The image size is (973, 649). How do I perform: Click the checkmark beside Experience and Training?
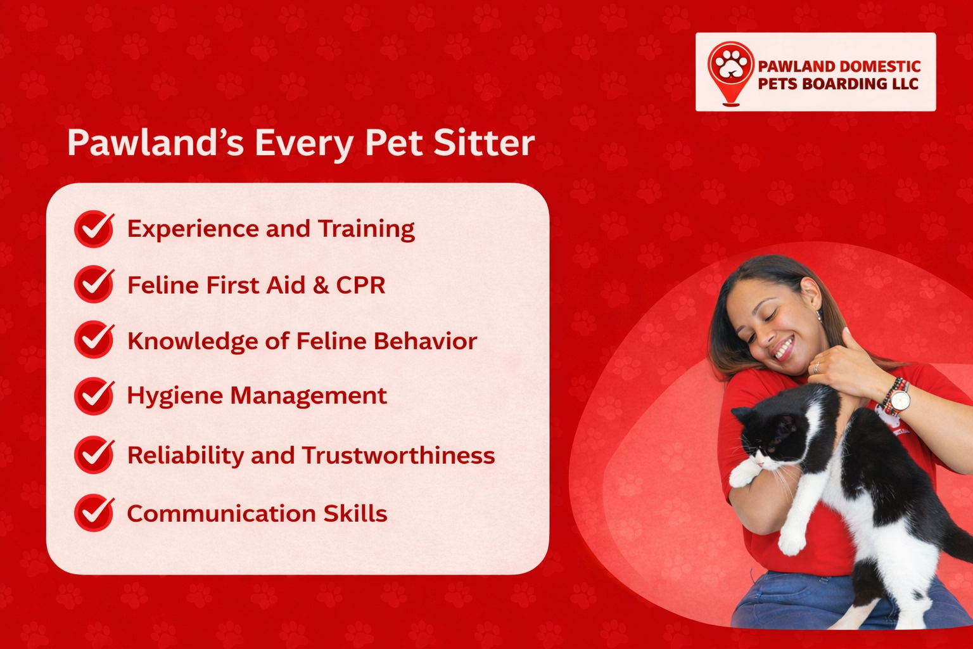pos(94,229)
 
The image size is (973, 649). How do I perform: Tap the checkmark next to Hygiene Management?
pos(94,396)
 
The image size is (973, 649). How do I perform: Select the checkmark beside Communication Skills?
pos(94,512)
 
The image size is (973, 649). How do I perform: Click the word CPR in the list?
pos(360,285)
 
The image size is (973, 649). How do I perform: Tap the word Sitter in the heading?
pos(484,143)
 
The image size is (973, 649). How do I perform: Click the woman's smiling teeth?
pos(784,348)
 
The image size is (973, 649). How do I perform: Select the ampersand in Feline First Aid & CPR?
pos(321,285)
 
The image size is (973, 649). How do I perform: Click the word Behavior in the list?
pos(424,341)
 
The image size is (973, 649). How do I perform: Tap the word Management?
pos(308,396)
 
